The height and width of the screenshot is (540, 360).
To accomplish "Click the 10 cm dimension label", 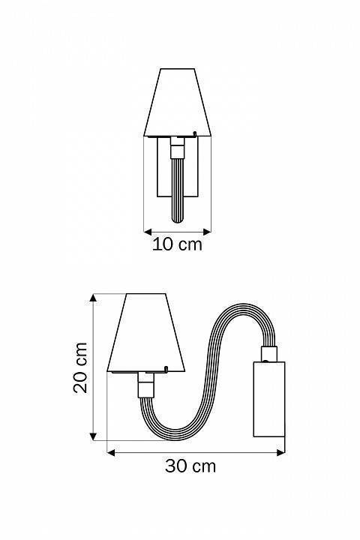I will (177, 244).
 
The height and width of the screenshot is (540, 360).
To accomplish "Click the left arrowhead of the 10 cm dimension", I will (146, 231).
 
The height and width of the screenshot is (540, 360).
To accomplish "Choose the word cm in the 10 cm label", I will (190, 244).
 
